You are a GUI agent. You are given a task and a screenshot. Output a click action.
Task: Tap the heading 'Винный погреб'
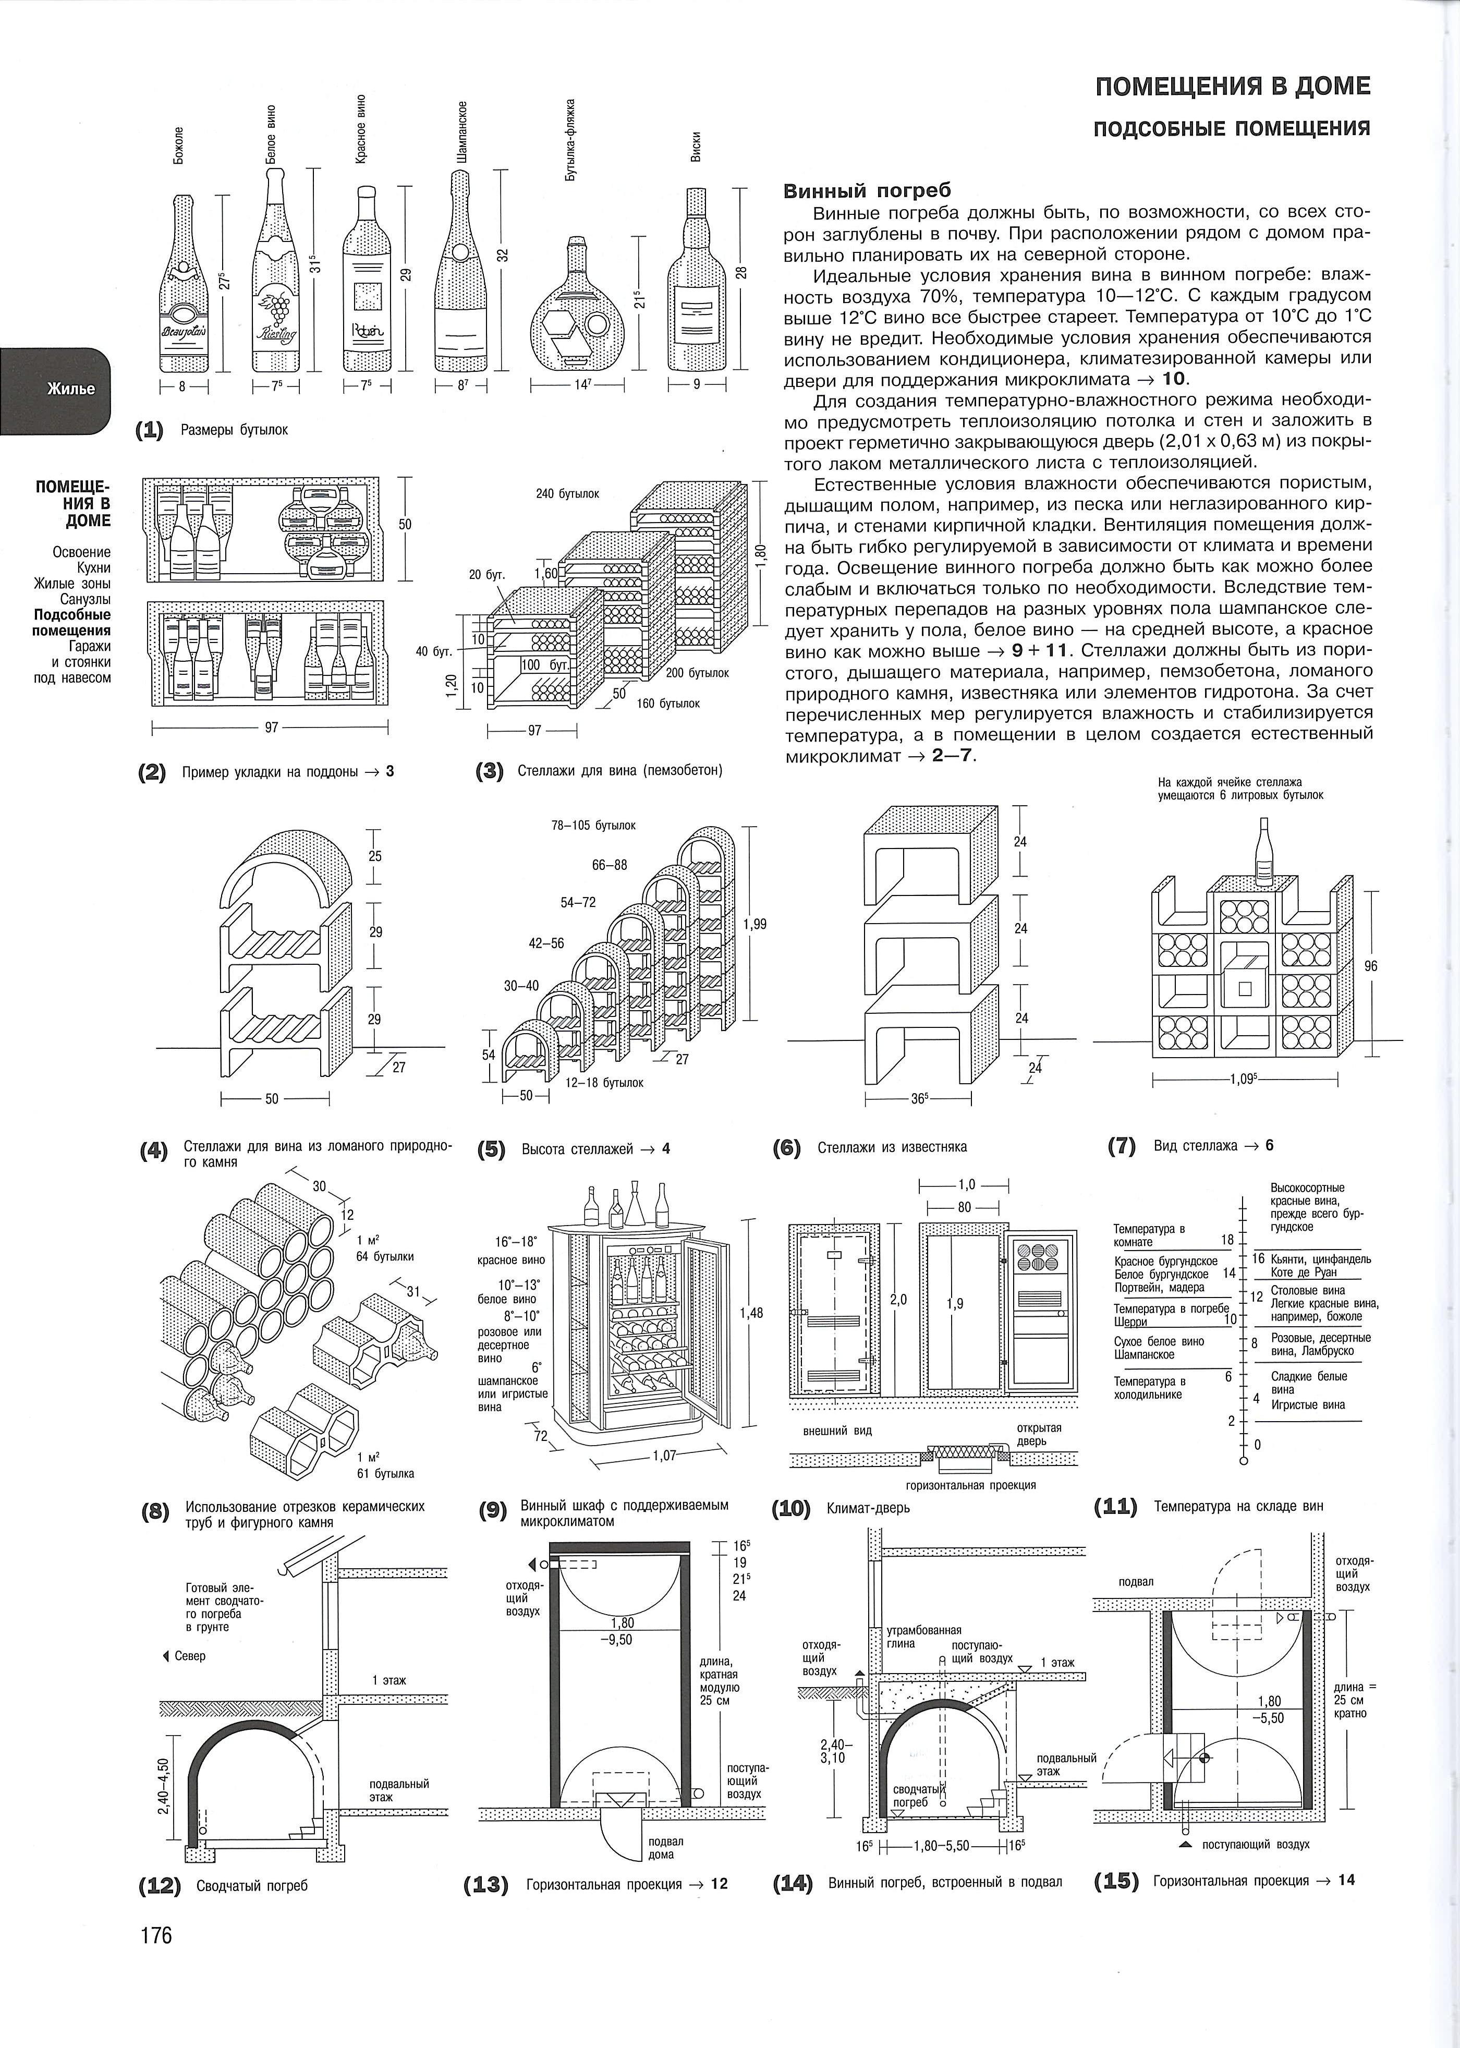(x=867, y=190)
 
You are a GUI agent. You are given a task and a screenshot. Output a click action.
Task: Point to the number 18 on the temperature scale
(x=1227, y=1240)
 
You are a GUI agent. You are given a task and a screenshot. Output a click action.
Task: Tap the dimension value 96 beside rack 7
(x=1371, y=966)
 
